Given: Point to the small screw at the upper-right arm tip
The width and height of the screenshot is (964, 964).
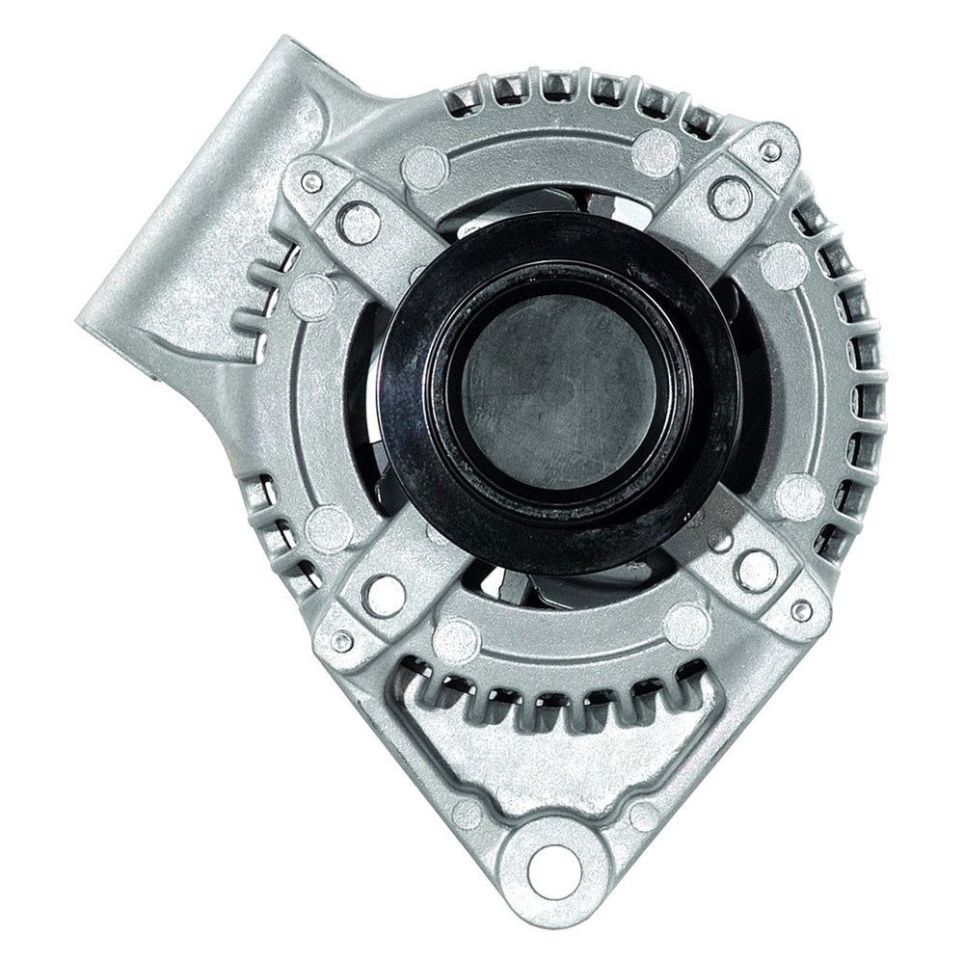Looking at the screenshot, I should pyautogui.click(x=770, y=151).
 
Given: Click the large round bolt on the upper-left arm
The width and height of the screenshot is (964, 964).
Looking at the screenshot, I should pyautogui.click(x=361, y=224).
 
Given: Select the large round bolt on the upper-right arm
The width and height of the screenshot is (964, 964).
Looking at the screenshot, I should pyautogui.click(x=730, y=198).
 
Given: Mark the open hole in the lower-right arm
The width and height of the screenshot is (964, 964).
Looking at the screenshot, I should pyautogui.click(x=756, y=571).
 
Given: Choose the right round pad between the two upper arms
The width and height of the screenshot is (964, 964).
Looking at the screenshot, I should pyautogui.click(x=658, y=149).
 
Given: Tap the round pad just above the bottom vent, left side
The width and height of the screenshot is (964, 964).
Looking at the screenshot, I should pyautogui.click(x=455, y=636).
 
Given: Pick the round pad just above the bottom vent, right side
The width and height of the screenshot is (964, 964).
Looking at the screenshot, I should pyautogui.click(x=686, y=625).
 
